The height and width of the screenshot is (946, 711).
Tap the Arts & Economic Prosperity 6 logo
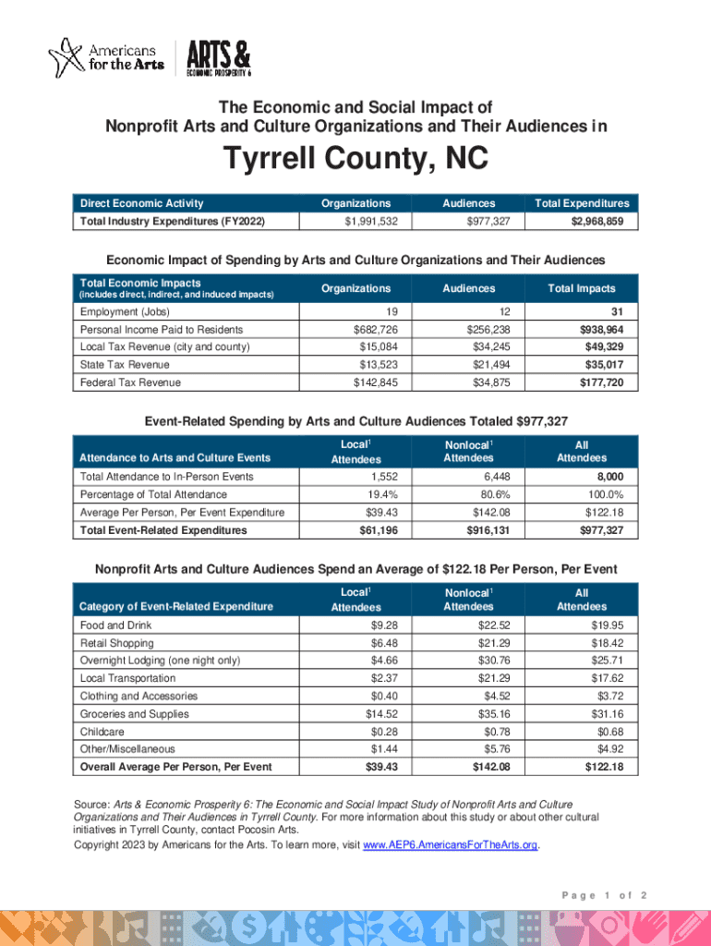click(x=218, y=57)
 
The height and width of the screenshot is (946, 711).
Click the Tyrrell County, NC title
click(x=355, y=162)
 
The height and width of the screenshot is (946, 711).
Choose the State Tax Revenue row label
click(x=125, y=365)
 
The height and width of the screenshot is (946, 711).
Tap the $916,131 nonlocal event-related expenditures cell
click(x=472, y=530)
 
